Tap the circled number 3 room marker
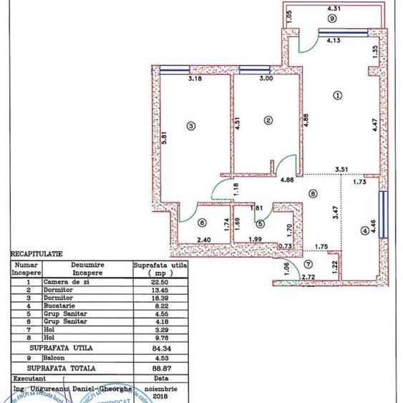[x=190, y=126]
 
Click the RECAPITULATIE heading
[x=37, y=253]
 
